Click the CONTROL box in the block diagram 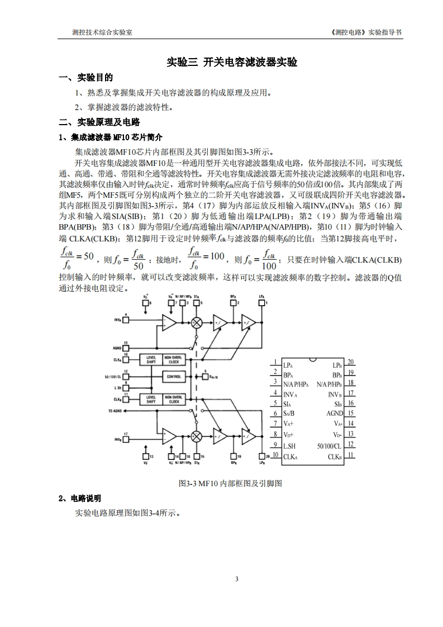tap(174, 377)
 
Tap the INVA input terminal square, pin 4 tap(126, 320)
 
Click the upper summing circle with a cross tap(197, 322)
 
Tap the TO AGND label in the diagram tap(115, 411)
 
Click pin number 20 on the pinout tap(350, 362)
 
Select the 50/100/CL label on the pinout tap(329, 445)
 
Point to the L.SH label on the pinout tap(289, 446)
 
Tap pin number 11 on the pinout tap(350, 455)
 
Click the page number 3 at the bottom tap(237, 579)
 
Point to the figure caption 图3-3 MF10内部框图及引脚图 tap(230, 483)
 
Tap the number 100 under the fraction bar tap(269, 265)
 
